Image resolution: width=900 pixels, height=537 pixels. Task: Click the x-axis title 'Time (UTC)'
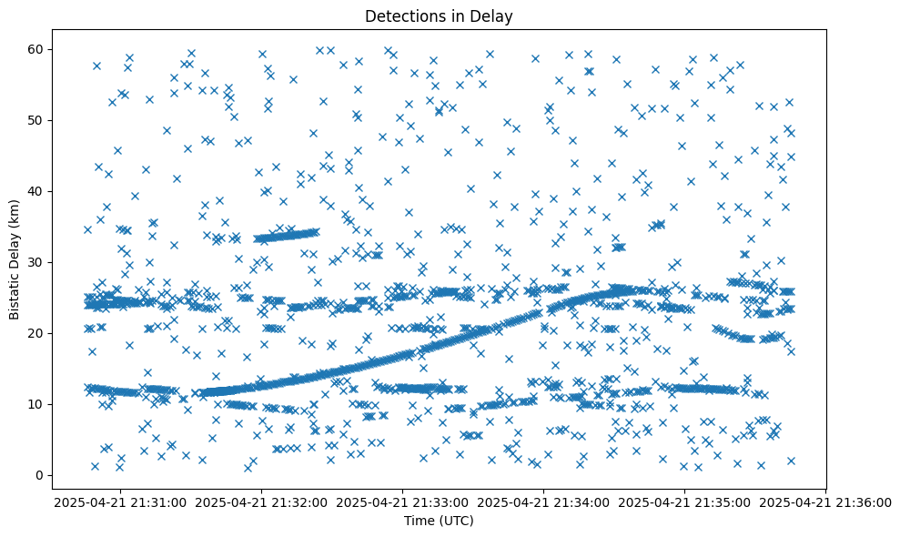439,521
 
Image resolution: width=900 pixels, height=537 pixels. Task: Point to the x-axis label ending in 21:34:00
544,502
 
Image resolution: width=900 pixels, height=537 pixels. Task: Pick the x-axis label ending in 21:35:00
685,502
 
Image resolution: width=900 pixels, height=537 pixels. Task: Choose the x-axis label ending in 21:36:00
826,502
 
